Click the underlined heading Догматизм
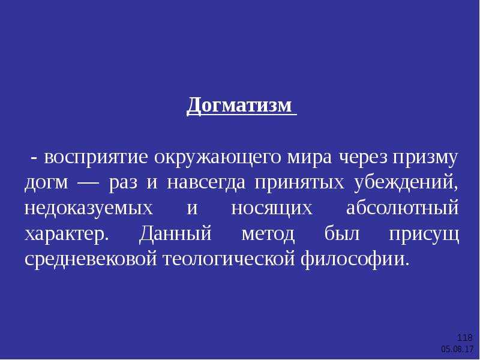pyautogui.click(x=239, y=106)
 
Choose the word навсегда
pyautogui.click(x=206, y=183)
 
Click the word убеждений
pyautogui.click(x=406, y=183)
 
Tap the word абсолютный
pyautogui.click(x=403, y=207)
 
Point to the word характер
pyautogui.click(x=67, y=235)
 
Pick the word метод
pyautogui.click(x=268, y=234)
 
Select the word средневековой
pyautogui.click(x=91, y=259)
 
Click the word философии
pyautogui.click(x=355, y=259)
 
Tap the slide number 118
pyautogui.click(x=464, y=338)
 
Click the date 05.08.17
pyautogui.click(x=457, y=349)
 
